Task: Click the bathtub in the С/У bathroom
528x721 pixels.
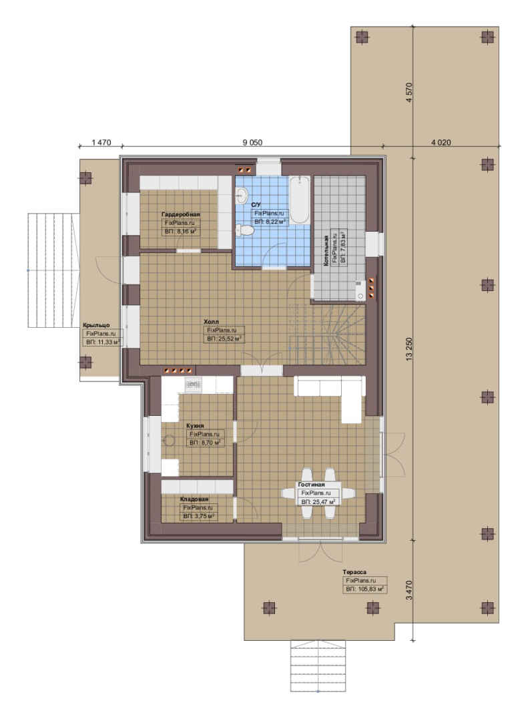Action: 300,200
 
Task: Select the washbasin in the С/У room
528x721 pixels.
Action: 240,196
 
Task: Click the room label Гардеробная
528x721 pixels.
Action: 181,214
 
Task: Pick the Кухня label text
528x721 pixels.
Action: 194,426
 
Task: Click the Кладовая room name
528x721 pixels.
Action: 194,499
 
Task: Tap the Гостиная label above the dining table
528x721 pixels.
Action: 311,485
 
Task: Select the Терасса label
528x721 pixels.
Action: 354,572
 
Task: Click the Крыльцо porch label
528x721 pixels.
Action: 97,325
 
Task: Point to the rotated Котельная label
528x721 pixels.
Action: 326,251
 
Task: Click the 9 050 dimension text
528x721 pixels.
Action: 252,143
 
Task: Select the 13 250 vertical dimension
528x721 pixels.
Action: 409,349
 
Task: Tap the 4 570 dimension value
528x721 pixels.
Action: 409,92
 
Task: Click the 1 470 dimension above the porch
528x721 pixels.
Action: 101,143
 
